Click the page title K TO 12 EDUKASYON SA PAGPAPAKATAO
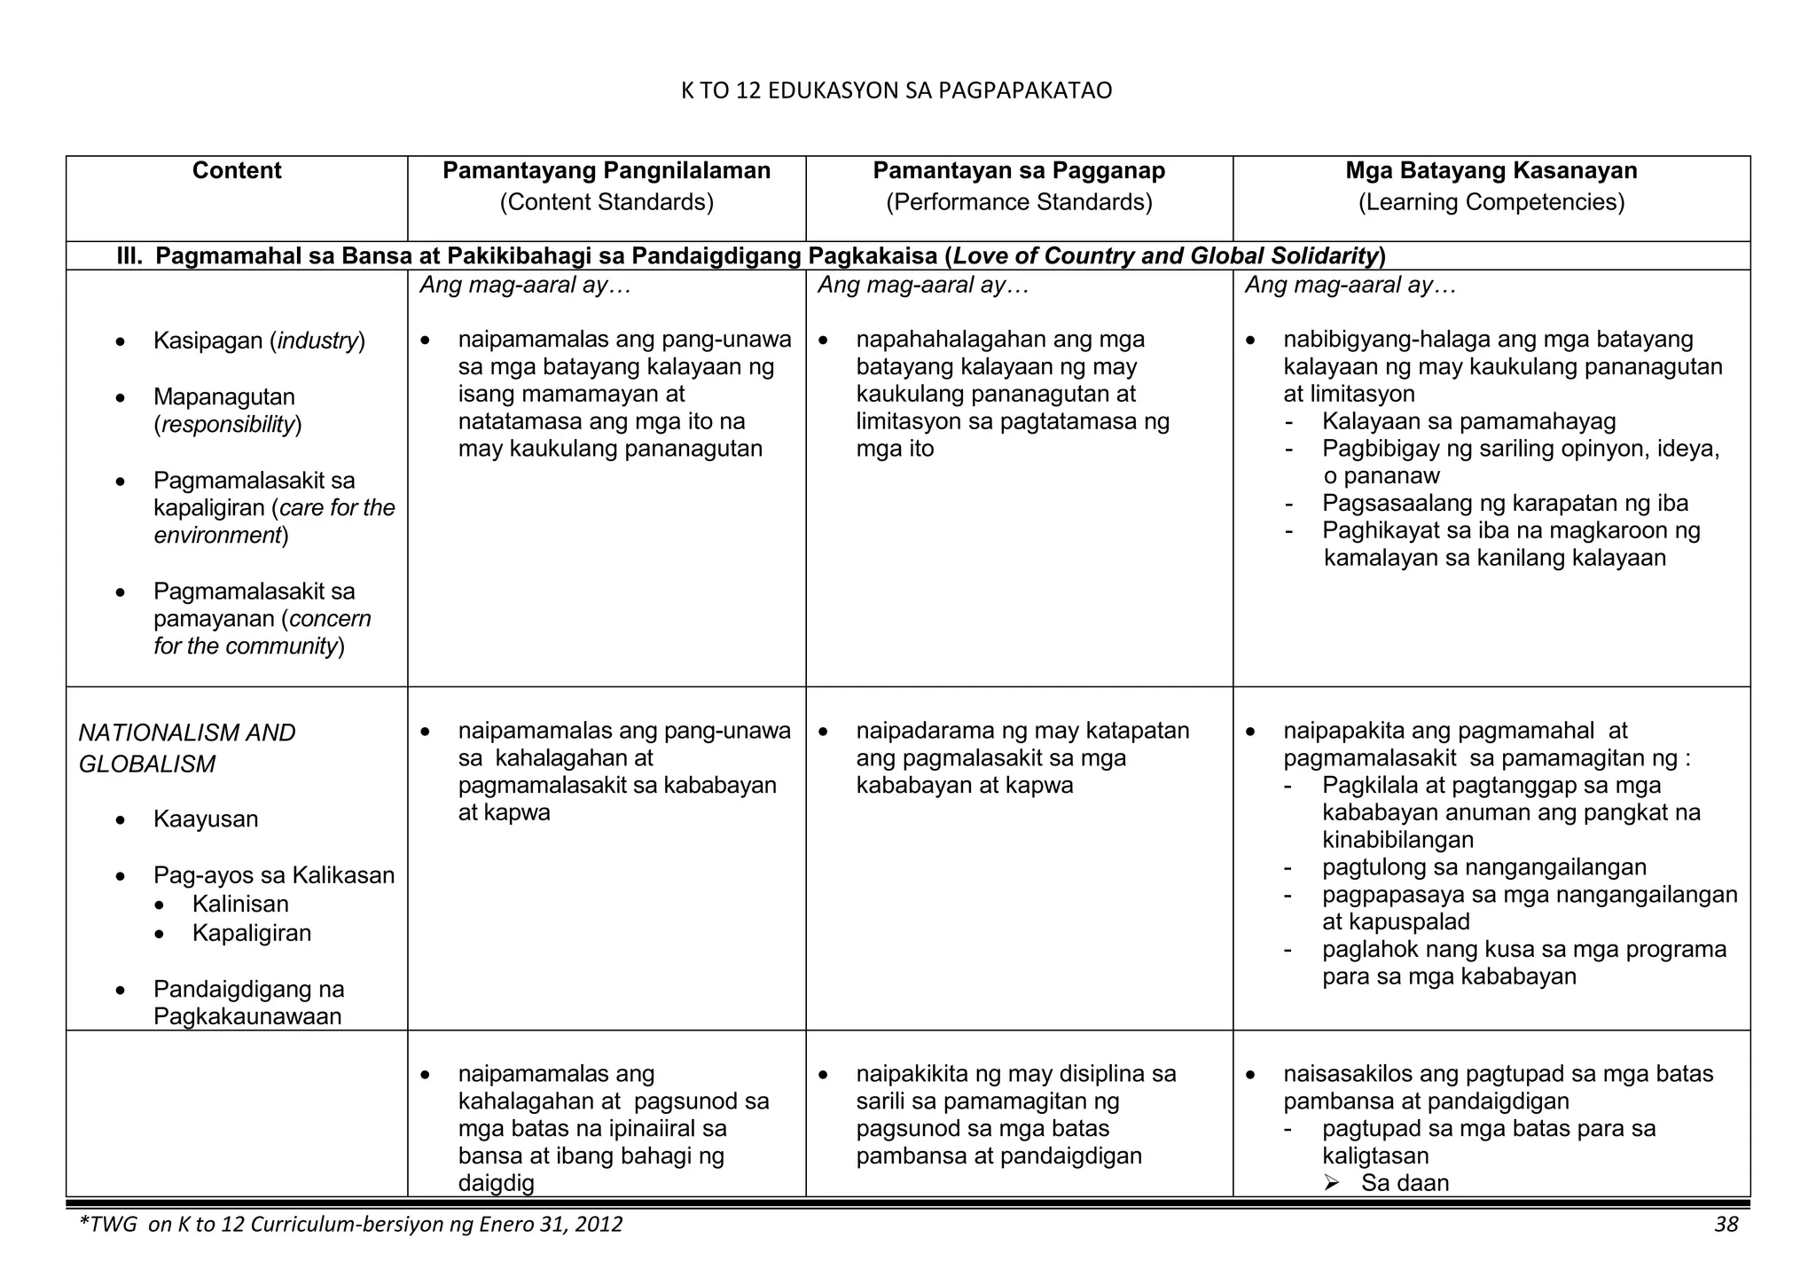896,91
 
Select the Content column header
237,171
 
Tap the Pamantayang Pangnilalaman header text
607,171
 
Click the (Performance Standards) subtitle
1019,202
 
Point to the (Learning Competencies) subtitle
1491,202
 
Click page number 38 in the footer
1726,1225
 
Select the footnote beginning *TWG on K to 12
351,1225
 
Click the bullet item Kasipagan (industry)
259,341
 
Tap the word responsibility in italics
228,425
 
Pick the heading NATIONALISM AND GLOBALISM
187,748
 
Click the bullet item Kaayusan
206,819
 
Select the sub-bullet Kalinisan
240,904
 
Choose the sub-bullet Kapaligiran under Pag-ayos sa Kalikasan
252,933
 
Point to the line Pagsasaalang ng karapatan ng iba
1505,504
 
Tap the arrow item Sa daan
1405,1183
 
